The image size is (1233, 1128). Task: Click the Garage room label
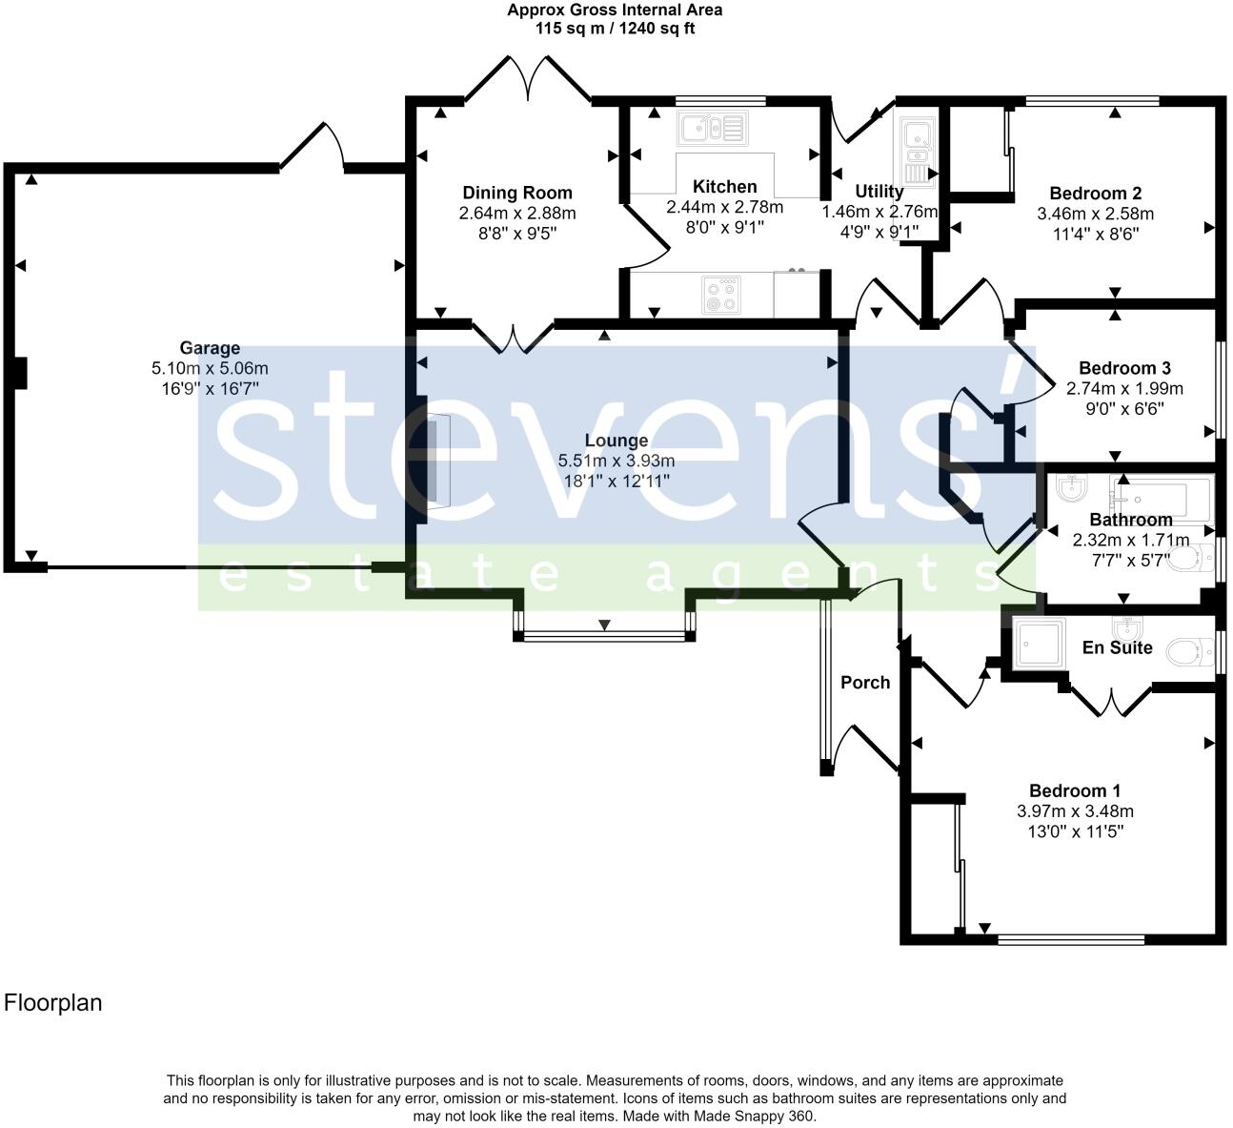click(x=210, y=348)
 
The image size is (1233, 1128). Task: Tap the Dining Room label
click(x=517, y=193)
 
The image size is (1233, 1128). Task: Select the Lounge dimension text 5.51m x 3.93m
click(x=616, y=461)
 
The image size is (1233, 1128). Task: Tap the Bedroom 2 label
click(x=1095, y=193)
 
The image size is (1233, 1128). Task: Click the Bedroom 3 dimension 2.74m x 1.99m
click(x=1124, y=388)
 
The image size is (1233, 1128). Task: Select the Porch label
click(x=865, y=682)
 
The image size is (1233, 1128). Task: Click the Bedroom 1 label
click(x=1075, y=790)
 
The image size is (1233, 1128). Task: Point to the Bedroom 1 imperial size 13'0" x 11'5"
click(x=1075, y=831)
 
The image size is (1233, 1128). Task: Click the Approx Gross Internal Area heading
click(x=615, y=10)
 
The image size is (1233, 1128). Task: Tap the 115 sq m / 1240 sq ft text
click(x=615, y=29)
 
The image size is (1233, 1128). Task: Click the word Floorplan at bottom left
click(x=53, y=1003)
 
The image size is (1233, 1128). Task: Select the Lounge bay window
click(x=604, y=635)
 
